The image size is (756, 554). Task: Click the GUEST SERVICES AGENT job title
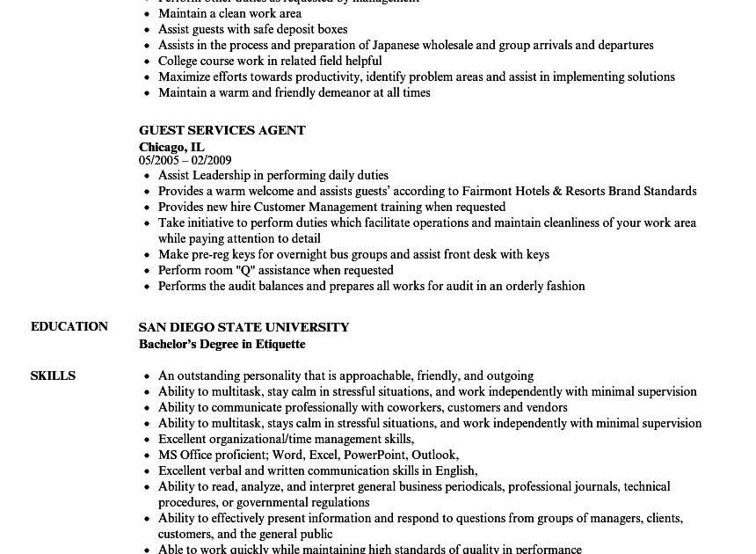coord(222,130)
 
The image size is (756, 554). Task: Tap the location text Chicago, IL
coord(171,147)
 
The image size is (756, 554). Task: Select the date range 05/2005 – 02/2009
coord(185,160)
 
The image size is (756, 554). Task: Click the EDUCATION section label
coord(69,326)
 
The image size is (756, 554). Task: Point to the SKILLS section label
coord(53,375)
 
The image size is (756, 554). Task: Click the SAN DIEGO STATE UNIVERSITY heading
coord(244,327)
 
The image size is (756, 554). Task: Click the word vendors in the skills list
coord(547,407)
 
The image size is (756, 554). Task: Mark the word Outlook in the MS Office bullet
coord(434,455)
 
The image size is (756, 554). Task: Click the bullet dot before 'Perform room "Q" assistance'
coord(147,271)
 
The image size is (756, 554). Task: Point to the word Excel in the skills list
coord(323,455)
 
